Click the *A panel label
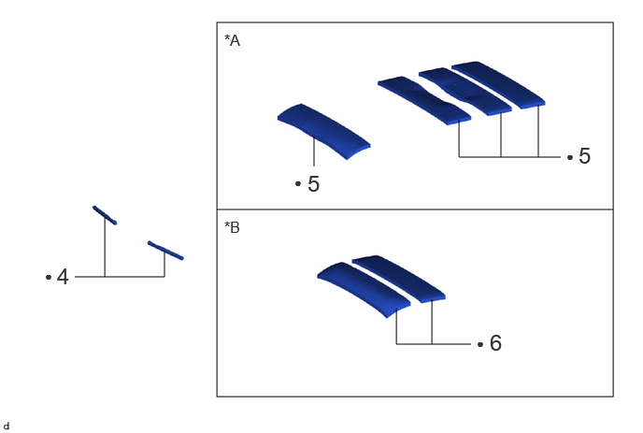pyautogui.click(x=232, y=40)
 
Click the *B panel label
pyautogui.click(x=232, y=227)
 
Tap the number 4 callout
pyautogui.click(x=63, y=277)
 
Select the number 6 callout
pyautogui.click(x=495, y=343)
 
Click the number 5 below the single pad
pyautogui.click(x=313, y=184)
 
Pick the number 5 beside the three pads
pyautogui.click(x=584, y=156)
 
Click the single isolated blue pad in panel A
pyautogui.click(x=324, y=131)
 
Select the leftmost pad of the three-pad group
pyautogui.click(x=424, y=100)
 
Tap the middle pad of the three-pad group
pyautogui.click(x=465, y=91)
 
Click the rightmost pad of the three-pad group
pyautogui.click(x=499, y=84)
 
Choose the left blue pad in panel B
pyautogui.click(x=364, y=290)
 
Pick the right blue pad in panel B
pyautogui.click(x=399, y=279)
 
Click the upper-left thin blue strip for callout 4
pyautogui.click(x=105, y=215)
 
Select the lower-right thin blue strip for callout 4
pyautogui.click(x=165, y=251)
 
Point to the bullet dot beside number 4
pyautogui.click(x=49, y=278)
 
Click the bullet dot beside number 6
pyautogui.click(x=480, y=344)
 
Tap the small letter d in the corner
pyautogui.click(x=7, y=426)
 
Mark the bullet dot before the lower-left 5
pyautogui.click(x=298, y=184)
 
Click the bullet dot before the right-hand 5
pyautogui.click(x=570, y=157)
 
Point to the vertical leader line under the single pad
pyautogui.click(x=314, y=152)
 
